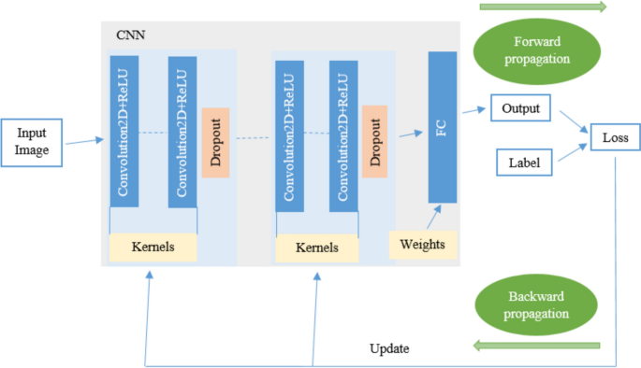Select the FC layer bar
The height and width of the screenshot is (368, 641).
coord(442,127)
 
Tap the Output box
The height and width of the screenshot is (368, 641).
coord(520,107)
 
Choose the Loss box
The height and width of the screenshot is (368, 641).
coord(614,139)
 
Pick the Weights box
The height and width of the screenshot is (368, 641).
coord(422,245)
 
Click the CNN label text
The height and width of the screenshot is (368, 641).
coord(130,35)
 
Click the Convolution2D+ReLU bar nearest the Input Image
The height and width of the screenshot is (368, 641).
coord(124,131)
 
